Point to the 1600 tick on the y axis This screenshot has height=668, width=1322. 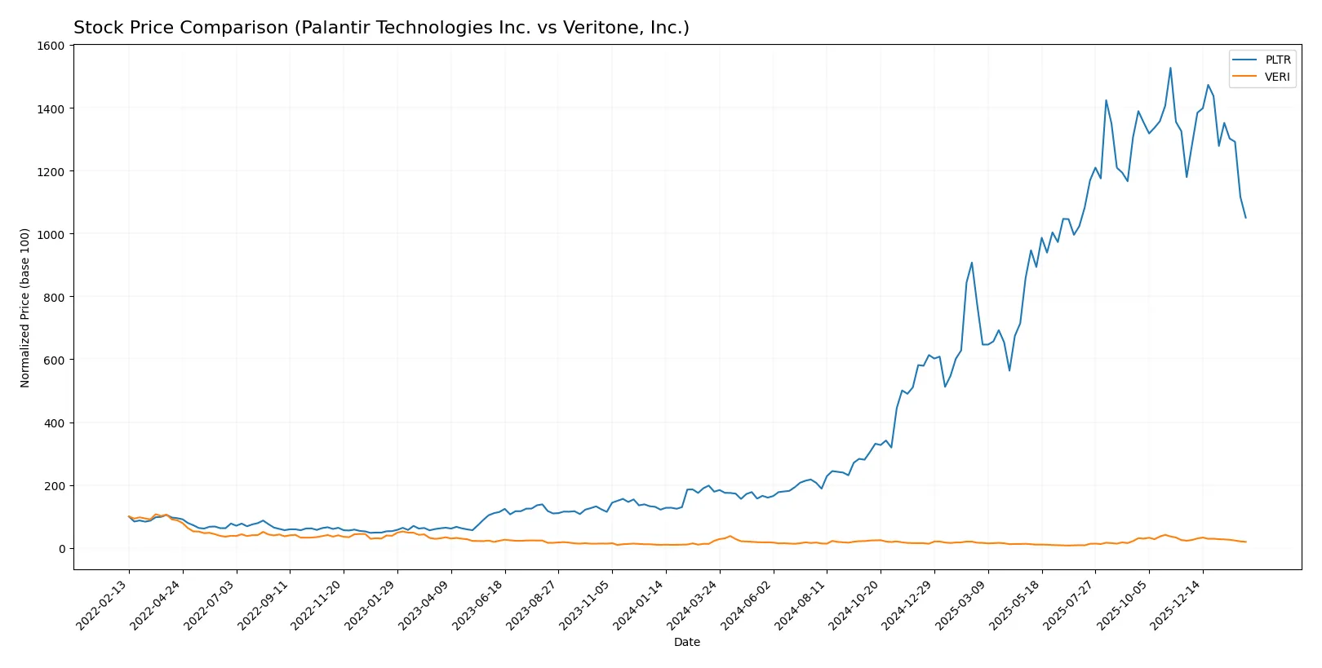51,46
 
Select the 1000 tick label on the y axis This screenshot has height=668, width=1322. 51,234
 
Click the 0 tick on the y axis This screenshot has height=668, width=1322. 61,549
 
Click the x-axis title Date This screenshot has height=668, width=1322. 686,643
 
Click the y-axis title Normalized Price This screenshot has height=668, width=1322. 25,307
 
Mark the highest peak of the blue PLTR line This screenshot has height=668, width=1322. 1170,69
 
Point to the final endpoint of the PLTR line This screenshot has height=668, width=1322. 1245,218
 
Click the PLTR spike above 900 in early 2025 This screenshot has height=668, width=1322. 972,263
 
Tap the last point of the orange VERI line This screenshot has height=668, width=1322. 1245,542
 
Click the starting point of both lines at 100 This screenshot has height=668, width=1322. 129,517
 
